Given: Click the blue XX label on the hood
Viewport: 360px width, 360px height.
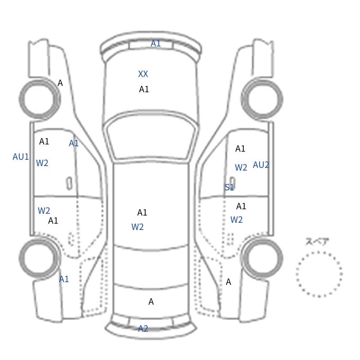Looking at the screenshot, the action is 143,74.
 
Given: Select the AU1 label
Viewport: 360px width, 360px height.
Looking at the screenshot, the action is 21,157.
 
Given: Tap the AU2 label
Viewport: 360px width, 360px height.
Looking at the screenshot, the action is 261,165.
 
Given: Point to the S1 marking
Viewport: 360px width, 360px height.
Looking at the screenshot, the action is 229,187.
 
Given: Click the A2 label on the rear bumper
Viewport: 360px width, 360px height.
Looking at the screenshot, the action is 143,329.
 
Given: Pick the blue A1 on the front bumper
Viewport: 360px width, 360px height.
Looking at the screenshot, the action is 155,43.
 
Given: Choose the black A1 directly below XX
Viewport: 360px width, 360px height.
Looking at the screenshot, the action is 144,89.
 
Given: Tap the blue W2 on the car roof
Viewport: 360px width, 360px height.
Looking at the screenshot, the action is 138,227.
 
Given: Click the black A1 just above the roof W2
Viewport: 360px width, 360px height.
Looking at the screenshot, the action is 142,212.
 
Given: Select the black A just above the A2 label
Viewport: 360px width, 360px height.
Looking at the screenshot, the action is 151,301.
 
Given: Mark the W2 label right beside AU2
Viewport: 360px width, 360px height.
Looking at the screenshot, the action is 241,167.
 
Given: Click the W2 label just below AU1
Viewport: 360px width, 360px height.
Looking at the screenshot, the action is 42,163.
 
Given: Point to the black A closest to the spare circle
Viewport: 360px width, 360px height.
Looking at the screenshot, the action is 228,282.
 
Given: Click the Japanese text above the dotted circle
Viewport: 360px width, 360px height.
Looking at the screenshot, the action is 314,241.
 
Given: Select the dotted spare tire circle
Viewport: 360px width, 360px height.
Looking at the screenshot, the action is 319,252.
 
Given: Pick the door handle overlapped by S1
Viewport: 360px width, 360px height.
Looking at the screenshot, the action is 232,184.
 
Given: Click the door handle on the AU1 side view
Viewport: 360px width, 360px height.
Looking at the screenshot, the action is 69,184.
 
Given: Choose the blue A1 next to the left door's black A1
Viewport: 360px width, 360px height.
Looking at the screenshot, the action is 74,143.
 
